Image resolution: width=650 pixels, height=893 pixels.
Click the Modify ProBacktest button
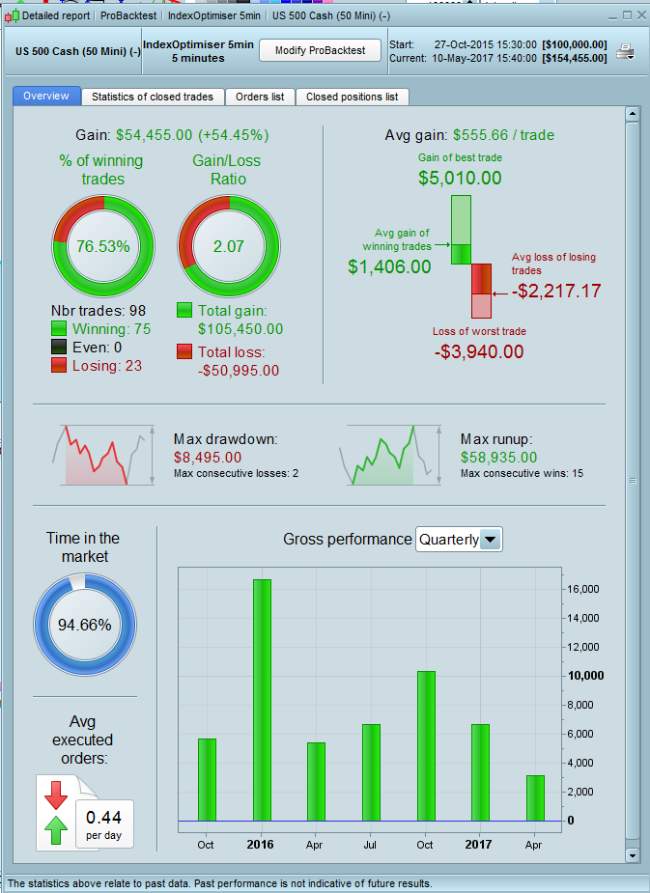320,50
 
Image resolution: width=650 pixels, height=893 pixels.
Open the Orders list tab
260,97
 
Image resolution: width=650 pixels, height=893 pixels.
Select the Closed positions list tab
352,97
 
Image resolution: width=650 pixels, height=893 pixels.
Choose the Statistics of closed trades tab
154,97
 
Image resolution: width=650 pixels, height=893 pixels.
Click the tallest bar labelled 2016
262,699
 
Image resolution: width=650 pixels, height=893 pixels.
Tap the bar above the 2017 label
480,771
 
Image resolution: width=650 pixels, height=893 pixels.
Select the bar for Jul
372,771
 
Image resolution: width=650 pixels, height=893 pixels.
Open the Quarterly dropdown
459,540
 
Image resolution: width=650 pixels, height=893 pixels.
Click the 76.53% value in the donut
102,246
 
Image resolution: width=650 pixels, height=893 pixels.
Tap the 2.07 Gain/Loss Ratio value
229,246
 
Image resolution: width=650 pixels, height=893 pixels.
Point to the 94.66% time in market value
85,625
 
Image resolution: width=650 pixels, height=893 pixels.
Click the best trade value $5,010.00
460,178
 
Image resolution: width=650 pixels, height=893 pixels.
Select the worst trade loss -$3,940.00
479,351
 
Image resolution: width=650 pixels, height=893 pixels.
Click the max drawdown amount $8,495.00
208,458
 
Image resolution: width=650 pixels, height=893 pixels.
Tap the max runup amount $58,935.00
500,458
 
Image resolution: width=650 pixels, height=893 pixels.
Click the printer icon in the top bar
625,51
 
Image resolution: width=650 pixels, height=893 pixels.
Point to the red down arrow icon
55,795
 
